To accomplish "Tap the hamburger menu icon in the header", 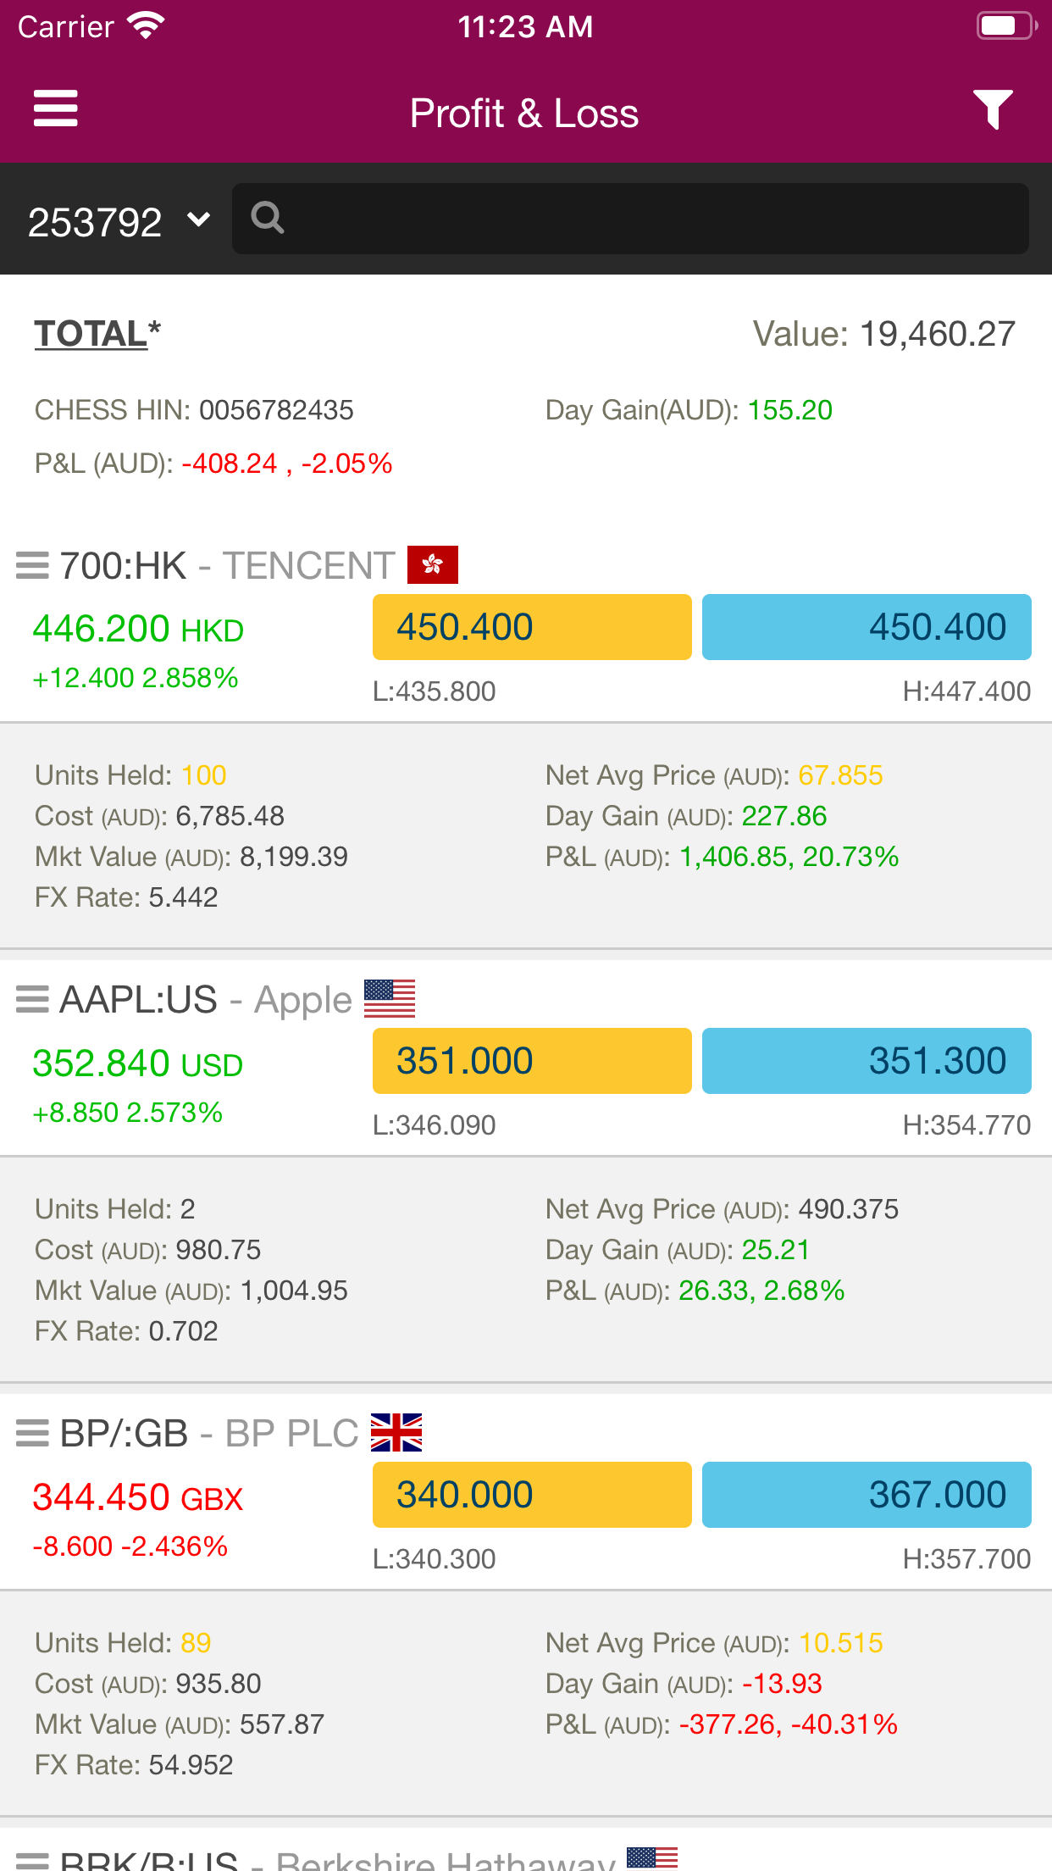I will (56, 109).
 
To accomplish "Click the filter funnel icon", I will (993, 109).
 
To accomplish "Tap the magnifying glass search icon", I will (267, 219).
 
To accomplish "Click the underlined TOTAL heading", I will (91, 334).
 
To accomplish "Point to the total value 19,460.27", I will (937, 334).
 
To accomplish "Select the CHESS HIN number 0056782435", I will (277, 411).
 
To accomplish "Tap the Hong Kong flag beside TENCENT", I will (432, 565).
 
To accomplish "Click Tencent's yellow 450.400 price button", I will (532, 627).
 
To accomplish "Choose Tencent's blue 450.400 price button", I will (867, 627).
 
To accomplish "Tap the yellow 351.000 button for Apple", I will (532, 1061).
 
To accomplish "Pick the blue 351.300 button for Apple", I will (867, 1061).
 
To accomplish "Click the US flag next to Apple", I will (390, 998).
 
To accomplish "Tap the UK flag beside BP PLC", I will (396, 1433).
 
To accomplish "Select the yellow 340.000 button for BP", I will (532, 1495).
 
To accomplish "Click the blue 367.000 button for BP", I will (867, 1495).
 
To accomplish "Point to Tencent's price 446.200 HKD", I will (138, 630).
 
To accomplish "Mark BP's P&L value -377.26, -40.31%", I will (788, 1724).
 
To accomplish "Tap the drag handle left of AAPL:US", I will (32, 1000).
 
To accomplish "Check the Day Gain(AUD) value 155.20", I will (789, 411).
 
